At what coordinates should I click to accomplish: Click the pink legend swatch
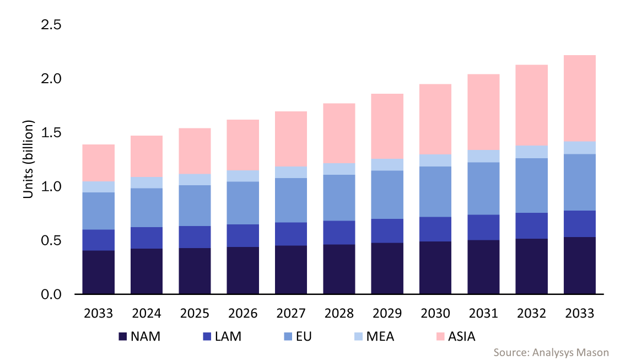(x=440, y=336)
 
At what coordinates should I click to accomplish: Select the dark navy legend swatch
(x=122, y=336)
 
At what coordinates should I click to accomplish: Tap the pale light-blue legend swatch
(x=359, y=336)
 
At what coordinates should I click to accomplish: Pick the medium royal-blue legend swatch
(x=207, y=336)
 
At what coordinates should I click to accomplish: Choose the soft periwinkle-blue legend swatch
(x=288, y=336)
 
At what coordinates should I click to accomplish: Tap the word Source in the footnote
(x=510, y=352)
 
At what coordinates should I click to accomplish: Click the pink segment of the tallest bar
(x=579, y=98)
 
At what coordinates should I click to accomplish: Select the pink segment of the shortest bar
(x=98, y=163)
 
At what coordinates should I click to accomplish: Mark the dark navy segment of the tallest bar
(x=579, y=265)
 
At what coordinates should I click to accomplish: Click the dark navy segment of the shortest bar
(x=98, y=272)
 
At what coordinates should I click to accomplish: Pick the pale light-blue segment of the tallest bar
(x=579, y=148)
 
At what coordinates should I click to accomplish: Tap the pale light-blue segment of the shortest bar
(x=98, y=187)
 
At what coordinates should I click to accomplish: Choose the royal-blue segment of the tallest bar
(x=579, y=224)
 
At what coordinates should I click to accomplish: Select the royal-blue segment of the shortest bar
(x=98, y=240)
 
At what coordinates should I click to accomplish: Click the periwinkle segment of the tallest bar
(x=579, y=182)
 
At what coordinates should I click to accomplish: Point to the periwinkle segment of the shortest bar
(x=98, y=211)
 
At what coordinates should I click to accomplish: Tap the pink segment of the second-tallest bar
(x=531, y=105)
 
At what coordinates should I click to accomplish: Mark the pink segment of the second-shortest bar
(x=147, y=156)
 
